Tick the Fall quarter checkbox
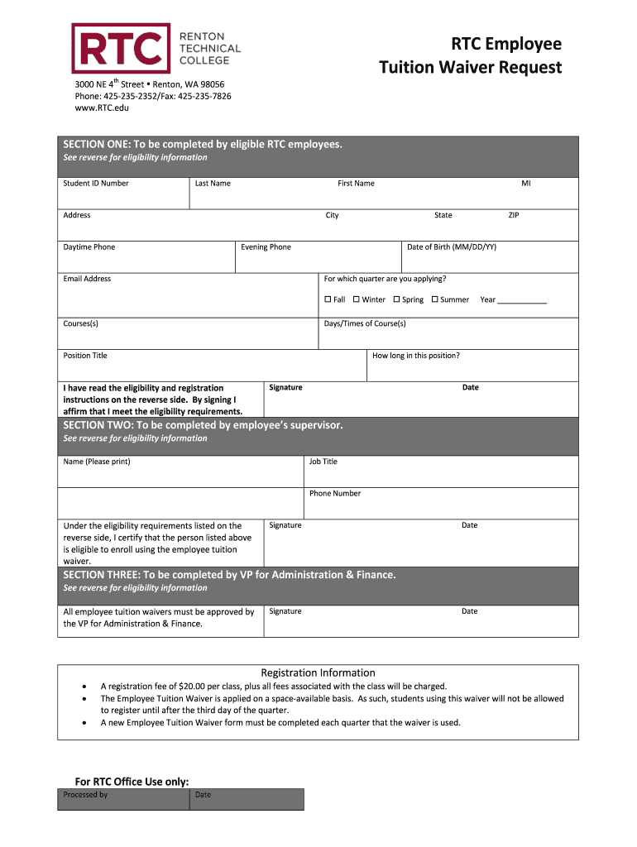click(328, 299)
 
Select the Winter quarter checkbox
click(356, 299)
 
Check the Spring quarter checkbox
click(396, 299)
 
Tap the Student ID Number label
click(96, 184)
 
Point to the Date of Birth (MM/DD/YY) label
click(452, 247)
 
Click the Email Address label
click(87, 279)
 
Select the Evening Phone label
click(266, 247)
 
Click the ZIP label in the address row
click(513, 215)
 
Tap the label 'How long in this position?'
click(416, 356)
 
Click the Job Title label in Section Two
click(323, 462)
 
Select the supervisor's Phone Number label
click(335, 494)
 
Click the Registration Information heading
click(318, 672)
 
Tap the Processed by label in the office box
click(85, 795)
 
